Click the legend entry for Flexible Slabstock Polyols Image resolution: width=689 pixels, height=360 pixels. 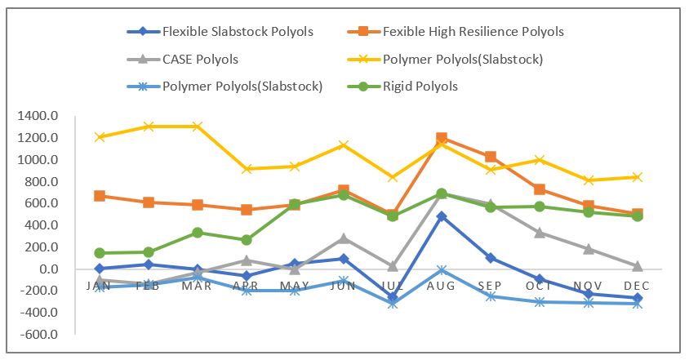220,32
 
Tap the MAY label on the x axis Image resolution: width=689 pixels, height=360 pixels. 295,285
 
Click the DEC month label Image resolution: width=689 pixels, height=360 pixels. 637,285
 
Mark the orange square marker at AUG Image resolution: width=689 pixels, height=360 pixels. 442,138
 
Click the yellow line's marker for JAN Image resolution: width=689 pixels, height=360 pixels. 100,137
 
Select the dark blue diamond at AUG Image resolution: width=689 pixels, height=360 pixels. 442,216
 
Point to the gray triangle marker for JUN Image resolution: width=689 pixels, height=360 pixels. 344,238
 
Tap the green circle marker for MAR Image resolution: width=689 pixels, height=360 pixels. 197,233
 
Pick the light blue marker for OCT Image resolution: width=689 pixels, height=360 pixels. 540,302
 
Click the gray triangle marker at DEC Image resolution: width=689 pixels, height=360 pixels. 637,266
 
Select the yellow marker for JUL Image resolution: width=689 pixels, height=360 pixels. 393,177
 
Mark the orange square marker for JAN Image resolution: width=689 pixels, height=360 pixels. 100,196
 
